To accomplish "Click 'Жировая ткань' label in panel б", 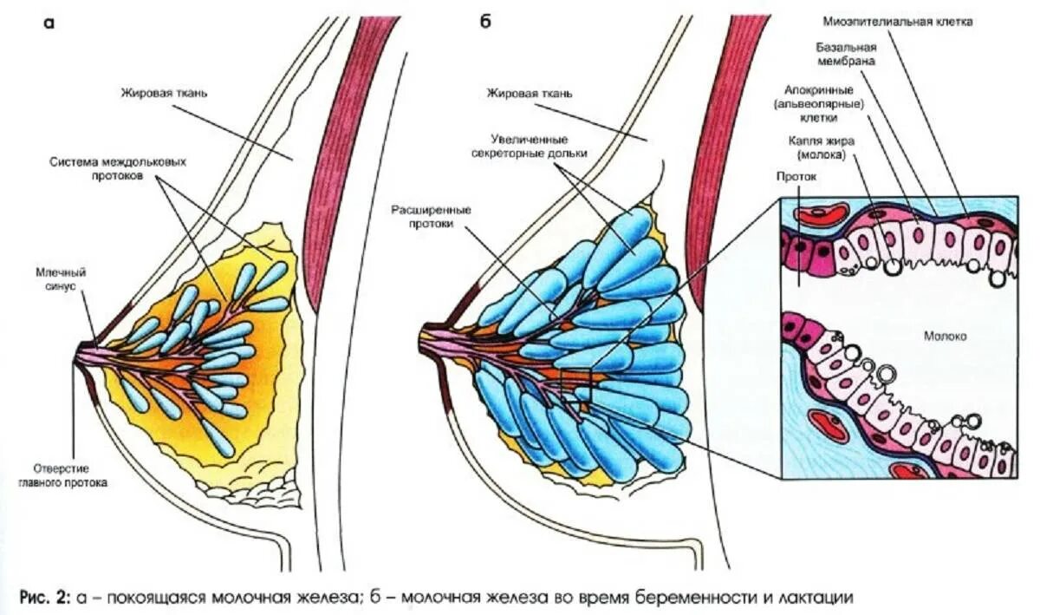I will tap(529, 93).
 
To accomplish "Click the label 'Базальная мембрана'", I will tap(845, 55).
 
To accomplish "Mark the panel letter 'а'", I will tap(49, 23).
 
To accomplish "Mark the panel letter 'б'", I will tap(485, 23).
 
